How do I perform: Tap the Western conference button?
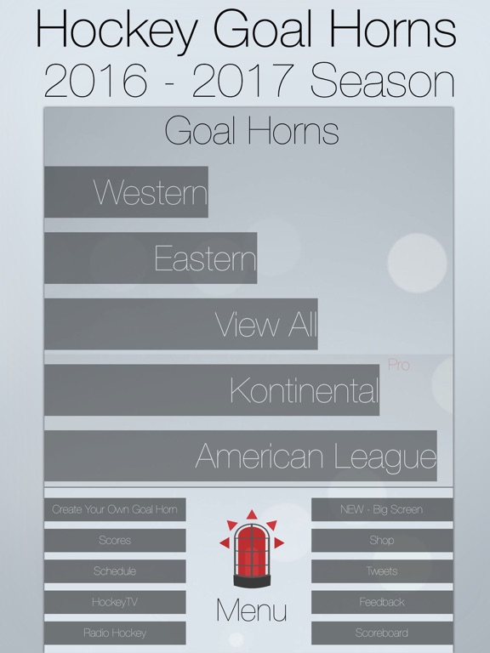click(126, 192)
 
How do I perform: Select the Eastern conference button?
click(151, 258)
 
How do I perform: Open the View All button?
click(181, 324)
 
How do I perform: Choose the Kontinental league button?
click(212, 390)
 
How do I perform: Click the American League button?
click(241, 456)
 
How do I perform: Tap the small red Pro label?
click(399, 366)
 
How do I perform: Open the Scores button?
click(115, 541)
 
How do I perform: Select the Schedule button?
click(115, 571)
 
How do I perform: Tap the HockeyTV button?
click(115, 602)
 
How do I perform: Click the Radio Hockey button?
click(115, 633)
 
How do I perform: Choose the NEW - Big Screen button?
click(382, 510)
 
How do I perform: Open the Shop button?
click(382, 541)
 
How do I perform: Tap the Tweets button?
click(382, 571)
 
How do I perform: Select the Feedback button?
click(382, 602)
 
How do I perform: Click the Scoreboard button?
click(382, 633)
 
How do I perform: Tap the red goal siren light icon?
click(252, 549)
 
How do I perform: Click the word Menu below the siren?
click(252, 610)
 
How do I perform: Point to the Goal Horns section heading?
click(252, 131)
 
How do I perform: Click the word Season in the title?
click(382, 81)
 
